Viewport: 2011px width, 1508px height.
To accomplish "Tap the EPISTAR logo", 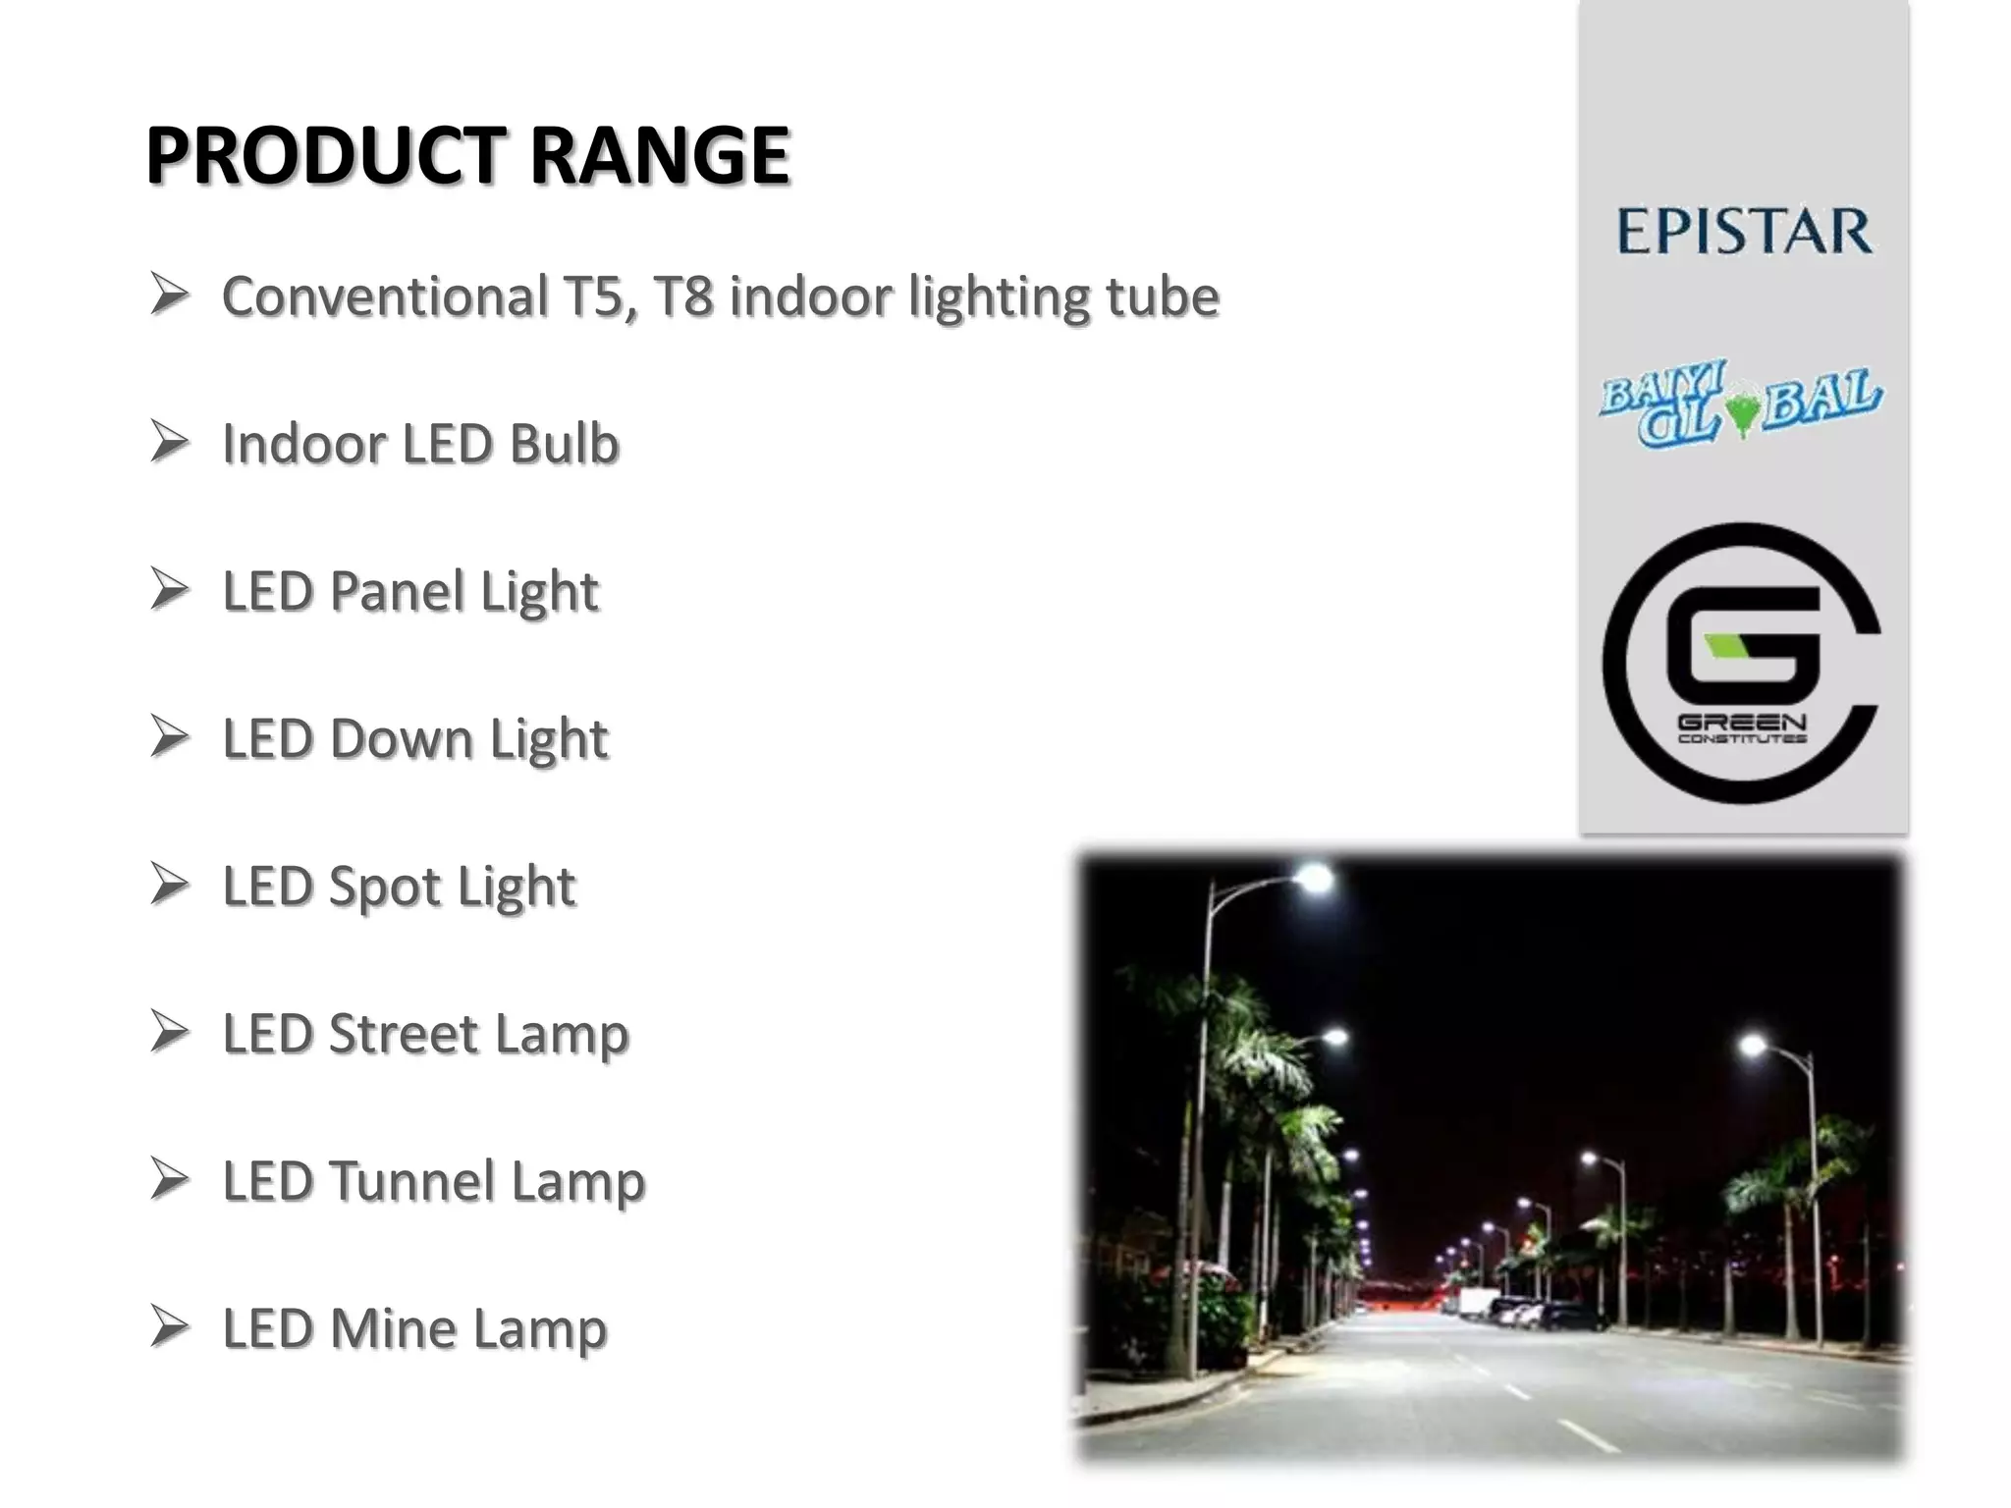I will coord(1744,232).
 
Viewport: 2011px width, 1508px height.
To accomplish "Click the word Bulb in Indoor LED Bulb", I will coord(564,444).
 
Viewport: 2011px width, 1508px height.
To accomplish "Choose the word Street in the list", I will coord(404,1034).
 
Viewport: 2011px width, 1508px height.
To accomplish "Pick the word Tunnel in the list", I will coord(411,1181).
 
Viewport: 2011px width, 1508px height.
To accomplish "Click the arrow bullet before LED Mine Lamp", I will coord(170,1327).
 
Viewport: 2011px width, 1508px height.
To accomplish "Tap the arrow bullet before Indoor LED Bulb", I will coord(170,443).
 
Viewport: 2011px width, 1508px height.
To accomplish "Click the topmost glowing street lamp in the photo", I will coord(1314,876).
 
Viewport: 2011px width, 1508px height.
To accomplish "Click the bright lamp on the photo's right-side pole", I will coord(1753,1046).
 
